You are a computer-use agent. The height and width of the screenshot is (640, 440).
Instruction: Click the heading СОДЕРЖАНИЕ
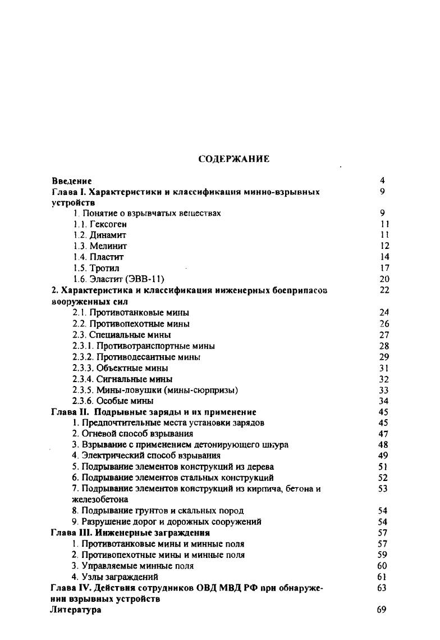point(235,159)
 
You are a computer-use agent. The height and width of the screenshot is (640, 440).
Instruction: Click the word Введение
point(71,181)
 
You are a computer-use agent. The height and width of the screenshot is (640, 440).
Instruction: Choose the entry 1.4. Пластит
point(98,257)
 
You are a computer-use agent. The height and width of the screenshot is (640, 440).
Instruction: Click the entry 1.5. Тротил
point(96,268)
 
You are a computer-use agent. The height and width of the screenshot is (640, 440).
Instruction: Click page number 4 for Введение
point(382,181)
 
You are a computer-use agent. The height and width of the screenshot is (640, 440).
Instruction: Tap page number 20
point(384,279)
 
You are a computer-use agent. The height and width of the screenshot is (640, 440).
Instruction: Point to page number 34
point(384,401)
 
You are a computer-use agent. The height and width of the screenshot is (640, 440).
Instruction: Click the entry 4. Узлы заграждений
point(115,577)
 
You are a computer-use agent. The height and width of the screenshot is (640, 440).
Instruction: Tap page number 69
point(382,610)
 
